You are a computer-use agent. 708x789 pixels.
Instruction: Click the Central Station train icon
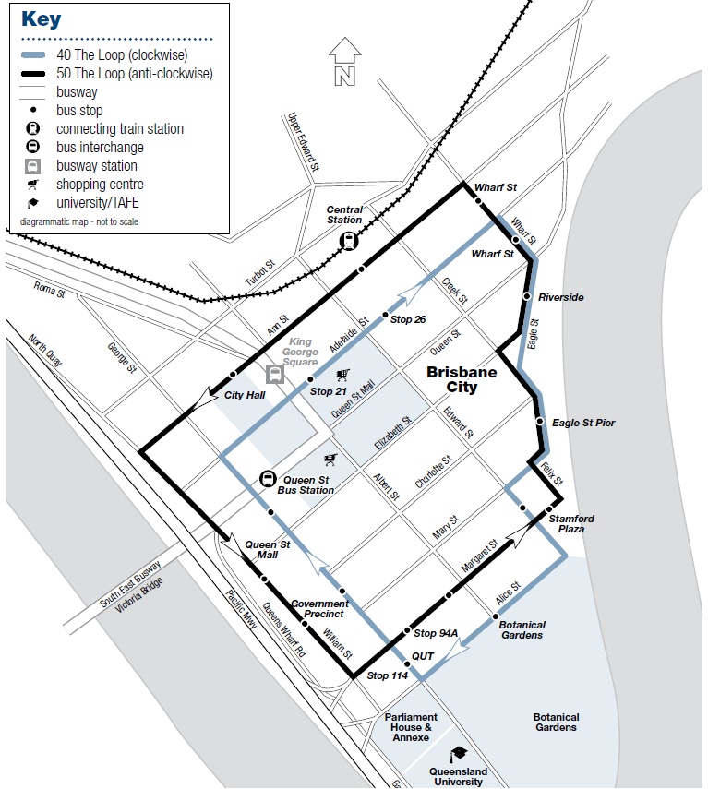click(349, 241)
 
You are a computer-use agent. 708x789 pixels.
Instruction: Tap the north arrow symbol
click(344, 63)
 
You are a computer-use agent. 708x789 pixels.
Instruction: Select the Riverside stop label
click(561, 298)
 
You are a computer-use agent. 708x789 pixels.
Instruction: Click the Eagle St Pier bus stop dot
click(540, 423)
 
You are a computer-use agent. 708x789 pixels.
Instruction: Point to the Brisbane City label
click(462, 380)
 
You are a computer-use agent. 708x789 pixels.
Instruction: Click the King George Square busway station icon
click(274, 374)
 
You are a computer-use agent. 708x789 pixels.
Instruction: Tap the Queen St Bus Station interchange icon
click(267, 479)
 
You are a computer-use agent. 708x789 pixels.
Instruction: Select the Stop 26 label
click(408, 319)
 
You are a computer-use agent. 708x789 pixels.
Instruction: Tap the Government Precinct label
click(319, 609)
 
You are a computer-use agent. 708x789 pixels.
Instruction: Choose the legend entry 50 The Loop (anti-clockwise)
click(134, 74)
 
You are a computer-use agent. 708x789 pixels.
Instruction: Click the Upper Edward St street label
click(304, 143)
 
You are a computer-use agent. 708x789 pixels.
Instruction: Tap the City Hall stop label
click(246, 396)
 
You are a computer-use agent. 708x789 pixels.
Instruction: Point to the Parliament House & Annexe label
click(411, 727)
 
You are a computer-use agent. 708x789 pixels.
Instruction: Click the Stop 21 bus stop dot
click(310, 379)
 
